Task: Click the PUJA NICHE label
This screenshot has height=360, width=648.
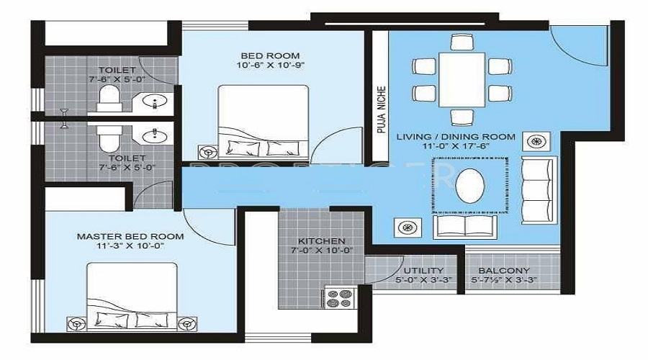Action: [382, 109]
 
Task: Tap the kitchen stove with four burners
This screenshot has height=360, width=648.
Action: [340, 298]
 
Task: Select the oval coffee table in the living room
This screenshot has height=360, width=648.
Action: [470, 185]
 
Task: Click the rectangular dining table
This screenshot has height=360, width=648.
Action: [462, 79]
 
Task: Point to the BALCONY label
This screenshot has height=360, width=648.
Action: [504, 271]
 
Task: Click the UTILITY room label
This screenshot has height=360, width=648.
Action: [423, 271]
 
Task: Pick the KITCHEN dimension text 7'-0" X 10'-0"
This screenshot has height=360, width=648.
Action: [322, 250]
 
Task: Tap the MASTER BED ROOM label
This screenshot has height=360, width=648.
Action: [130, 236]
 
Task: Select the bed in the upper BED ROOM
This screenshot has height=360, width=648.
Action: [264, 122]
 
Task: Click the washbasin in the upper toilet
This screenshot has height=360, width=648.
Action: [155, 100]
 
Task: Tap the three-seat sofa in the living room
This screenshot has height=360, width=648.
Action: [539, 190]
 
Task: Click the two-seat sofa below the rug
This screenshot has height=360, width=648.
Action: [465, 227]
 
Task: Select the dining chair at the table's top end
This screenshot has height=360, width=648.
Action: [462, 42]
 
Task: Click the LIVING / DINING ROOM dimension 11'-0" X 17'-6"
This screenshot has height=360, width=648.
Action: [456, 146]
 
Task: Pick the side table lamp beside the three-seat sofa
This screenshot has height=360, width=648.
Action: [536, 141]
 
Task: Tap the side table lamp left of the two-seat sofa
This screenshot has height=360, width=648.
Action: [408, 228]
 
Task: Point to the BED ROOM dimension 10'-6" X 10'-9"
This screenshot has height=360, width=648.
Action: [270, 65]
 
